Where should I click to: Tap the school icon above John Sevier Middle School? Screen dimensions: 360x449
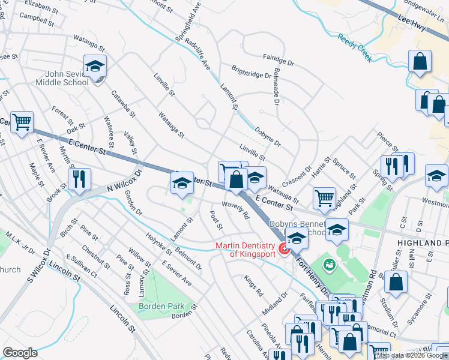click(x=95, y=66)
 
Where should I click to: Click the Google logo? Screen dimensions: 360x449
click(x=20, y=353)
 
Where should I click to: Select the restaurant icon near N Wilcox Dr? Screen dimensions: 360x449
click(x=79, y=179)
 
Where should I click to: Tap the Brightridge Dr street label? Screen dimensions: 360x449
click(x=251, y=72)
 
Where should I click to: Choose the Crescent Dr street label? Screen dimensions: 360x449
click(x=299, y=175)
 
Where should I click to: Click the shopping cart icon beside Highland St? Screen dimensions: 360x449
click(x=324, y=197)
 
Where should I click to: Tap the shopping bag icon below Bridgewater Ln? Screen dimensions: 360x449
click(x=420, y=61)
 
